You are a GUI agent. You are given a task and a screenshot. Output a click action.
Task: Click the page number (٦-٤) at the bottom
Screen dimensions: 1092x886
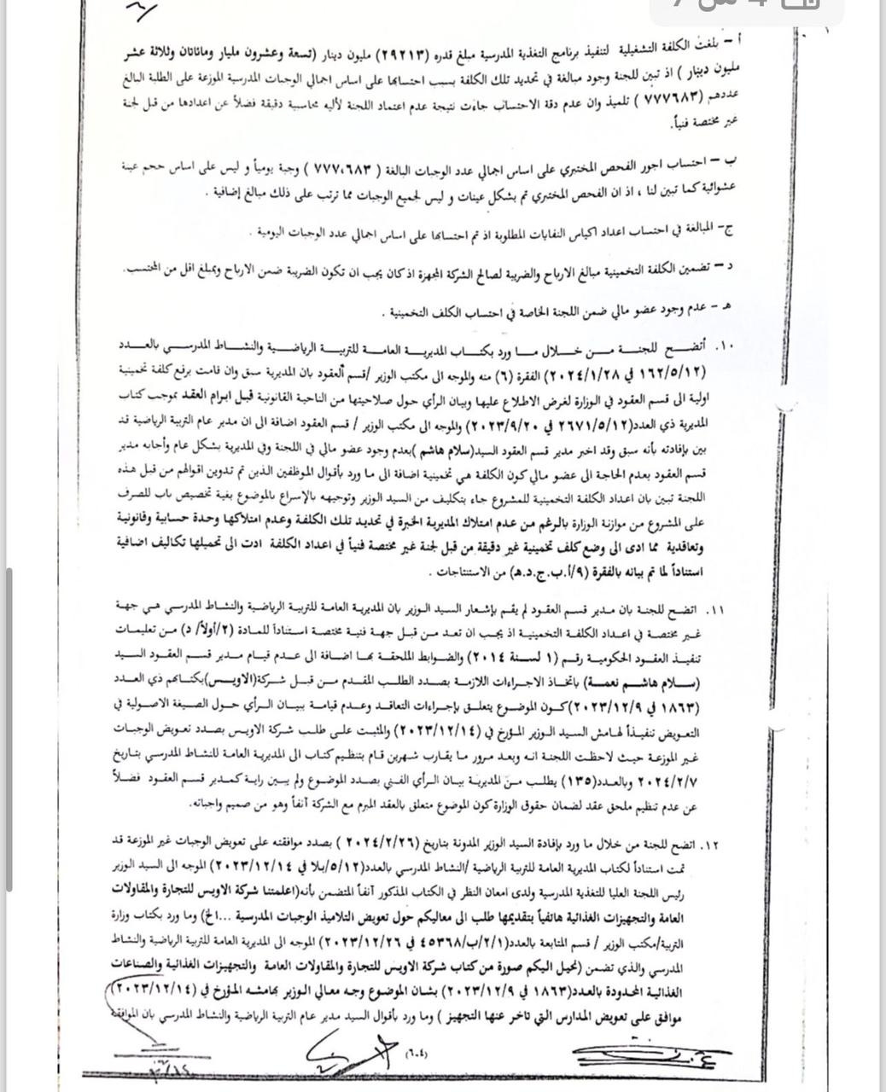pos(417,1054)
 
